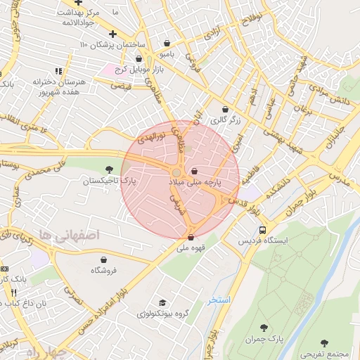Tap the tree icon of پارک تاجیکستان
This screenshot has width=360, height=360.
click(x=108, y=169)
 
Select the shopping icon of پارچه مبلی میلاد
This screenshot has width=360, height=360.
click(x=194, y=171)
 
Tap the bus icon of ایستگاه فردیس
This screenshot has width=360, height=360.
click(x=262, y=230)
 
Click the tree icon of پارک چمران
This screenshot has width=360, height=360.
click(x=264, y=328)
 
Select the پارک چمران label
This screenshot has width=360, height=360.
click(x=264, y=339)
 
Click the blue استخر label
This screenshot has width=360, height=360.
click(x=219, y=300)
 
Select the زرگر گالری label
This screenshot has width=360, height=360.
click(x=225, y=120)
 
